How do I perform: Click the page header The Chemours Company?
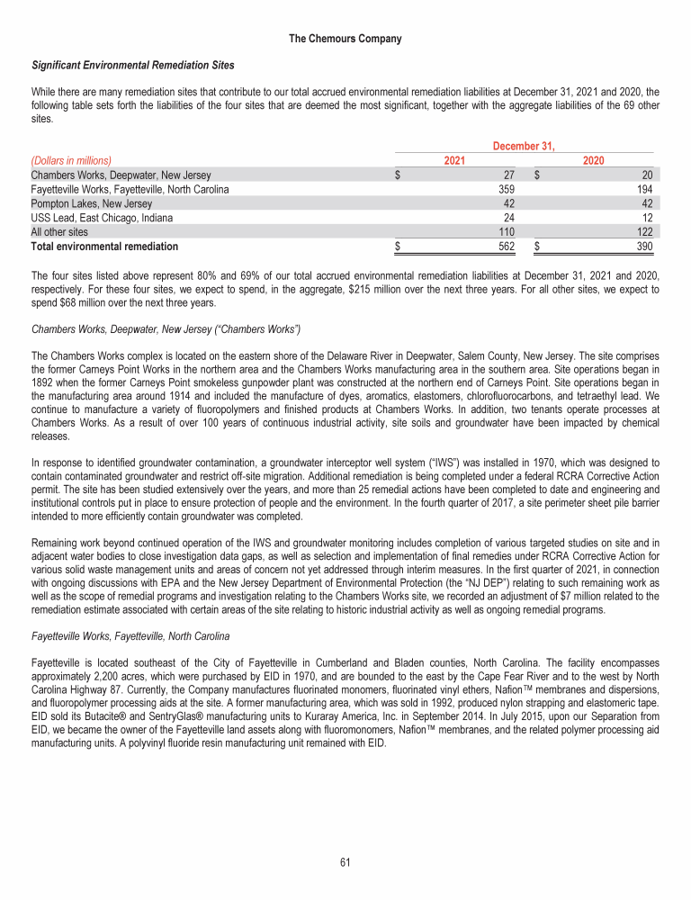(x=345, y=39)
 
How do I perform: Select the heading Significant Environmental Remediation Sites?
(x=133, y=65)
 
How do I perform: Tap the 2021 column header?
(x=456, y=160)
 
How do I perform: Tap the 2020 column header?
(x=593, y=160)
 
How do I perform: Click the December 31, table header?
(x=525, y=145)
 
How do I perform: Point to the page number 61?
(x=345, y=862)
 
